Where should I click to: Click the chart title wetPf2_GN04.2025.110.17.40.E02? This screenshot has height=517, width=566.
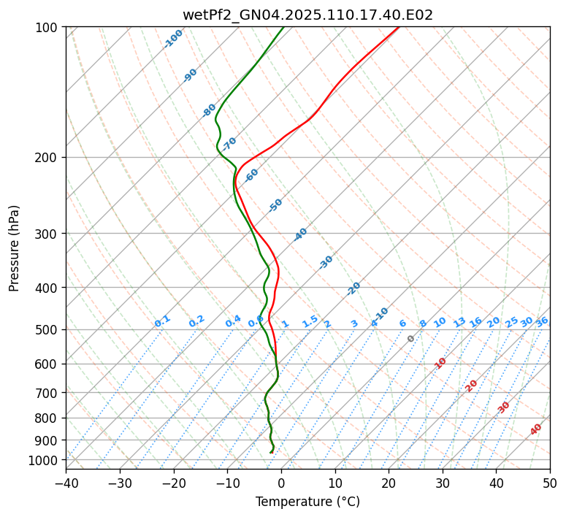point(307,15)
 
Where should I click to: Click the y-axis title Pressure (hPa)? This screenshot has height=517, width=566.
point(15,248)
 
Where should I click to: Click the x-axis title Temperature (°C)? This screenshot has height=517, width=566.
point(307,502)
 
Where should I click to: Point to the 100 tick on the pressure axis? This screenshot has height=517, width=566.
point(48,28)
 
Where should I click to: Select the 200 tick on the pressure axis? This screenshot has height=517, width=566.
point(48,158)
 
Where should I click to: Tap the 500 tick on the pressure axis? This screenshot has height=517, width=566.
point(48,330)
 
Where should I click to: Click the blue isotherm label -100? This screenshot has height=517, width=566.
point(173,39)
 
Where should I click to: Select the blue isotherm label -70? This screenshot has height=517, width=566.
point(229,143)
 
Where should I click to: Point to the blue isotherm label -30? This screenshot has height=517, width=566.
point(326,262)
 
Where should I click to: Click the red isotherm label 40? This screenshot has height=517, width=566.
point(536,429)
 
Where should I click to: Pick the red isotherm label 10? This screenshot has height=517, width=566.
point(440,363)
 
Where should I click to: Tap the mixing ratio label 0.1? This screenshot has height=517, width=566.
point(162,321)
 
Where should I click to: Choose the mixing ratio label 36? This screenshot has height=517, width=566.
point(542,322)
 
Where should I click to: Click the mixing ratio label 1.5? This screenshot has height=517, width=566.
point(310,321)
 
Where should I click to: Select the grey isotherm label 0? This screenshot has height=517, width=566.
point(411,339)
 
